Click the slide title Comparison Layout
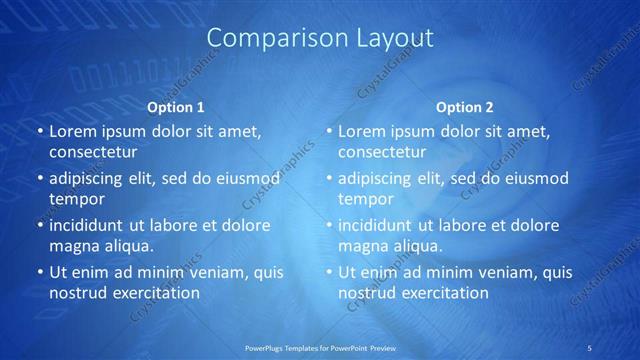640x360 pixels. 320,38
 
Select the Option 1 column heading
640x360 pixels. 176,107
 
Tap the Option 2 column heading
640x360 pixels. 465,107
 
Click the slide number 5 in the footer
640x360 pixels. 591,347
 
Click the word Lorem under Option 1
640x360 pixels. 71,131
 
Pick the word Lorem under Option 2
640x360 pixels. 360,131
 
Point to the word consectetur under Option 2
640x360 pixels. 381,153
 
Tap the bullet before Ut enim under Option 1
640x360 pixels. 39,272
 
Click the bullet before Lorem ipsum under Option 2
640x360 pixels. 328,132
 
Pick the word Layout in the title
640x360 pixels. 395,38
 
